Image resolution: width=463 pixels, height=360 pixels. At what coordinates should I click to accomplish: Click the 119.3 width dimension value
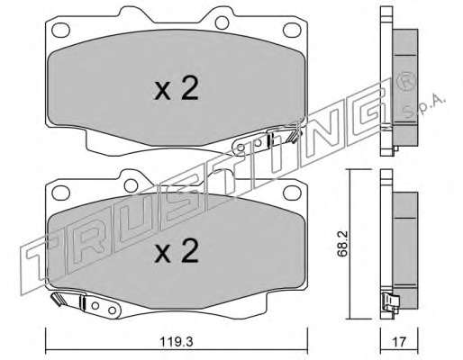[177, 342]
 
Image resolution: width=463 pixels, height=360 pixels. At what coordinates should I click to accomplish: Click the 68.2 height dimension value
[342, 244]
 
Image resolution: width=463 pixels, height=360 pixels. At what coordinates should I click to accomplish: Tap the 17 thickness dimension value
[399, 342]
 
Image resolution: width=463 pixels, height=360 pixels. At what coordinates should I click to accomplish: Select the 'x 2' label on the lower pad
[177, 251]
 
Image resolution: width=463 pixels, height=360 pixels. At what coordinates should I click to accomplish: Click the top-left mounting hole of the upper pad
[60, 30]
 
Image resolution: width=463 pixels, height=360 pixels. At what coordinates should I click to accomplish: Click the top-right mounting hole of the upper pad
[292, 30]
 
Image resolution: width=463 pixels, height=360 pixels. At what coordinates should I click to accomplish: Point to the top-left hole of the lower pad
[60, 193]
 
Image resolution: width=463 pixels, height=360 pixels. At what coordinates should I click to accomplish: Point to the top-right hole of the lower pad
[292, 193]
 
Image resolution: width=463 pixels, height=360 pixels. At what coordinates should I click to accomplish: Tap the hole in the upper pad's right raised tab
[222, 22]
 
